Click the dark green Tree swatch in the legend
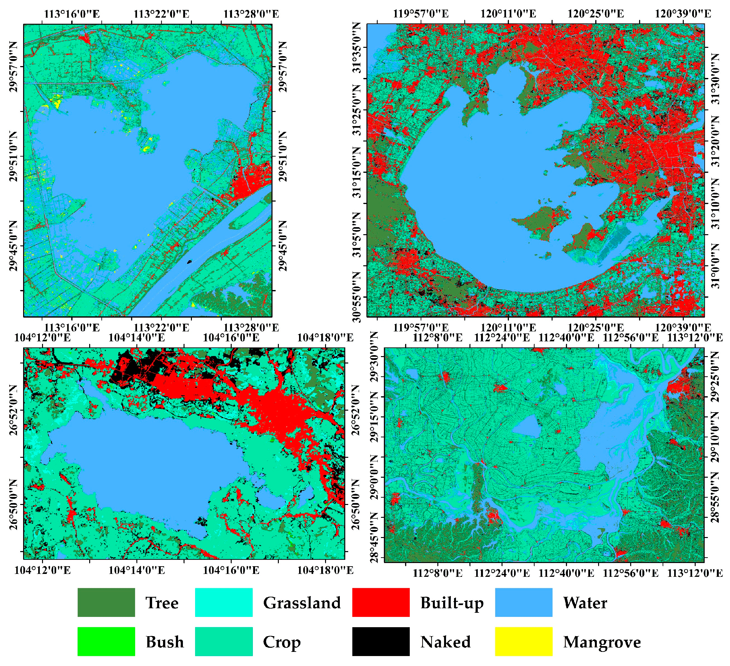click(x=106, y=602)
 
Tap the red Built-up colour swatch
click(x=381, y=602)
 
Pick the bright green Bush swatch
click(x=106, y=641)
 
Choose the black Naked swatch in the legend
click(x=381, y=641)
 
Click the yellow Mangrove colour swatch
click(x=524, y=641)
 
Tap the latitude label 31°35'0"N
click(x=357, y=47)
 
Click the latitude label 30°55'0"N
click(x=357, y=297)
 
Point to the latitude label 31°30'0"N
click(x=716, y=79)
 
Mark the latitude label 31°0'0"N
click(x=716, y=266)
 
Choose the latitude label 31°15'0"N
click(x=357, y=172)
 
